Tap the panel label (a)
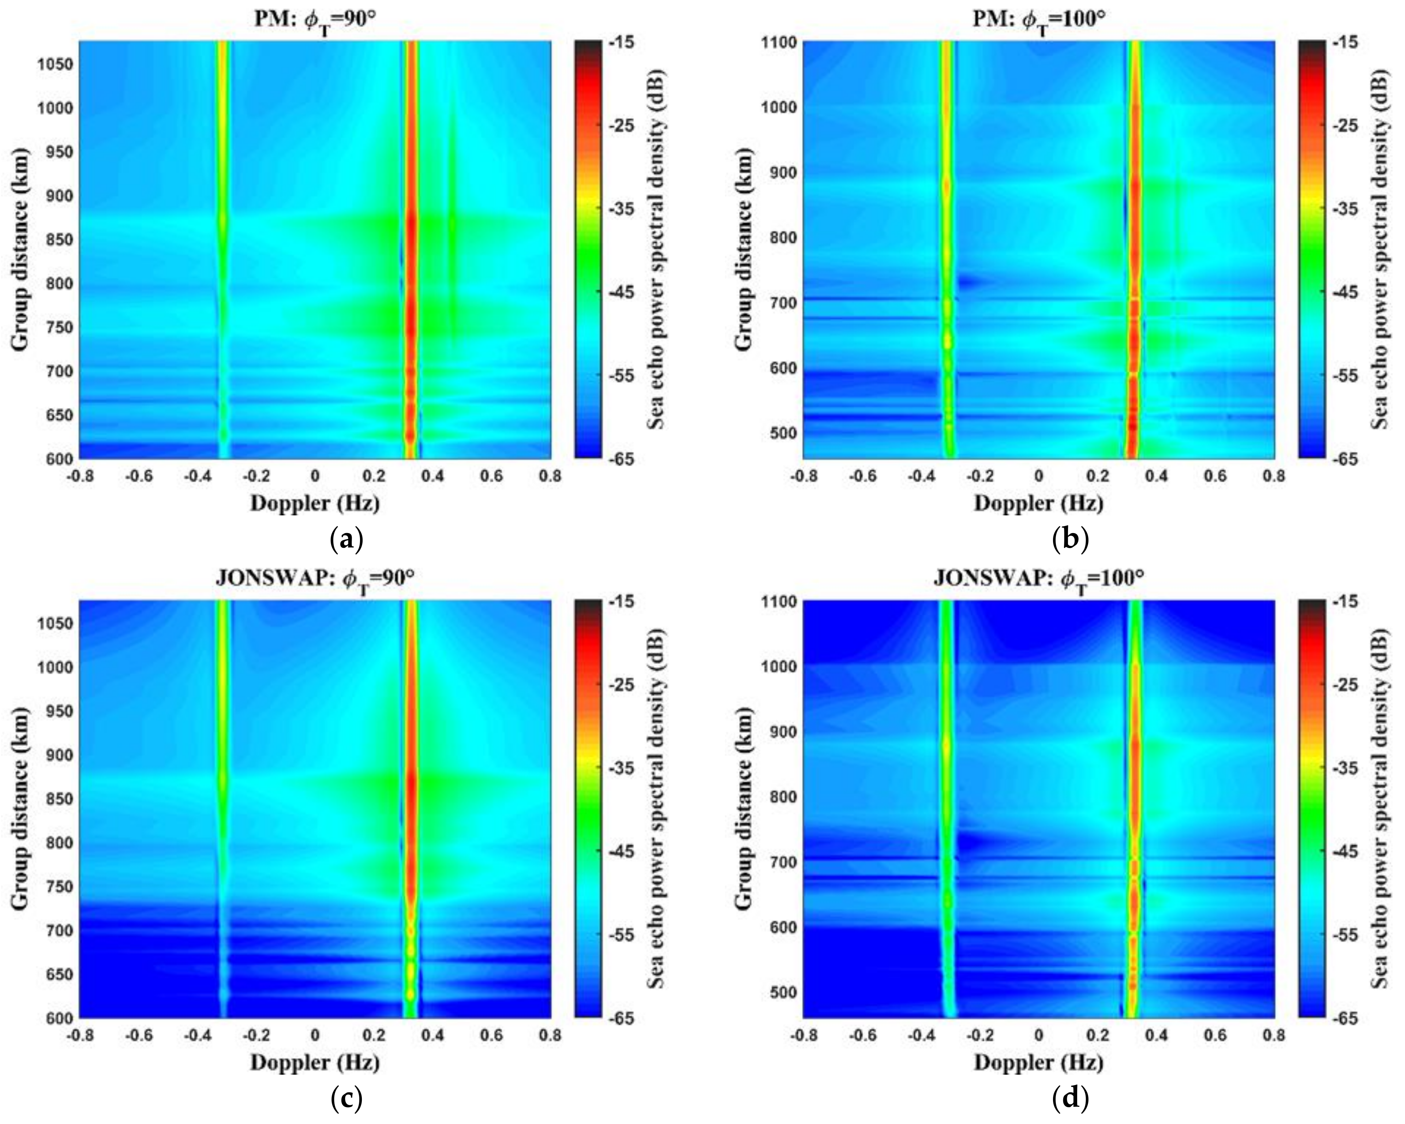click(x=346, y=540)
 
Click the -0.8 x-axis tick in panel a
click(x=79, y=476)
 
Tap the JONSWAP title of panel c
click(x=315, y=578)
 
